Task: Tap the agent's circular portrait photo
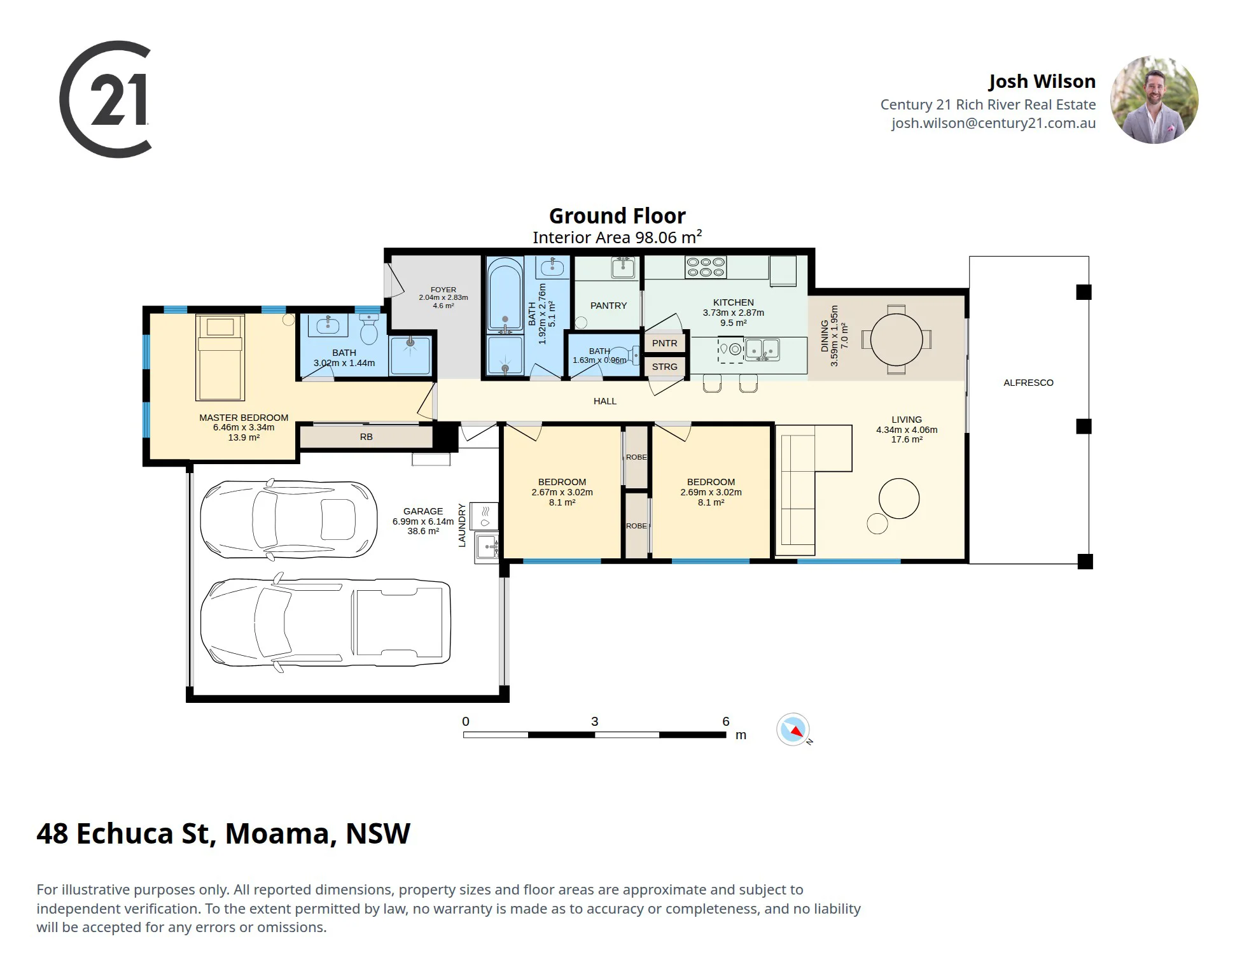click(1154, 99)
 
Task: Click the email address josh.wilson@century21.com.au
click(993, 124)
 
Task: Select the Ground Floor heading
click(617, 216)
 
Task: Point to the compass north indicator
click(793, 729)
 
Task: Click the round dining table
click(896, 339)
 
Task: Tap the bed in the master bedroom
click(220, 357)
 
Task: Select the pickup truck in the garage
click(326, 621)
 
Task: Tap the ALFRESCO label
click(1028, 383)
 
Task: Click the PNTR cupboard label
click(664, 343)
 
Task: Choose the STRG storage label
click(664, 367)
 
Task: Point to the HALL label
click(604, 401)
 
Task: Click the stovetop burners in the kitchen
click(705, 267)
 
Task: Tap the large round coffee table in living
click(899, 499)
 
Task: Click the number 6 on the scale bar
click(725, 721)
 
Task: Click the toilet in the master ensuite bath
click(369, 327)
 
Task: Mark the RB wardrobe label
click(366, 437)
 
